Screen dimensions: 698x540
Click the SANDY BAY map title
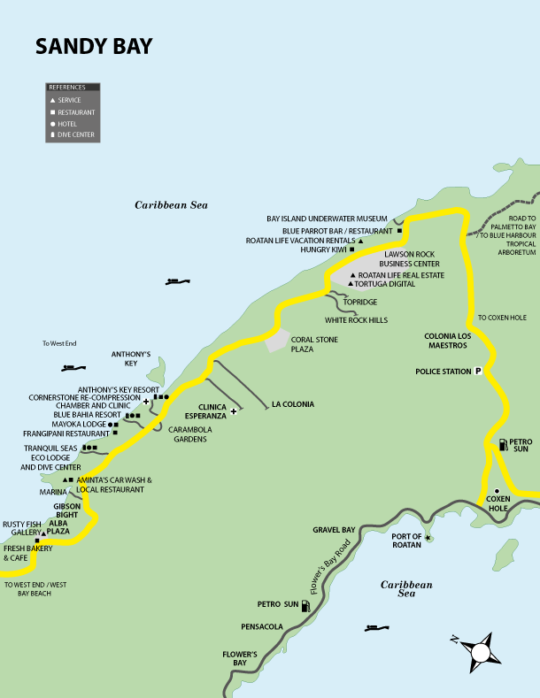coord(94,47)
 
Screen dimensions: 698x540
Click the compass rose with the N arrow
coord(481,651)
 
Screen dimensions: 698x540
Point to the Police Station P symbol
coord(478,372)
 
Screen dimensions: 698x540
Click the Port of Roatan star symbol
coord(428,538)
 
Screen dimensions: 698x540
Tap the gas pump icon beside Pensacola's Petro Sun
coord(305,606)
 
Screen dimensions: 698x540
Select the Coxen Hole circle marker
coord(497,491)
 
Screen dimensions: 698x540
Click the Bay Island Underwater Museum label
coord(327,219)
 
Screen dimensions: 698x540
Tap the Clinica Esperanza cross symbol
coord(234,411)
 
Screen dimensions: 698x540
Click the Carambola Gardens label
coord(191,433)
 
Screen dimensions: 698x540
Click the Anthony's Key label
coord(132,357)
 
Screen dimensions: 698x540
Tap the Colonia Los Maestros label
coord(452,341)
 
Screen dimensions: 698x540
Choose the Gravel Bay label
coord(334,530)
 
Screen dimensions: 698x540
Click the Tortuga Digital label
coord(387,284)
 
